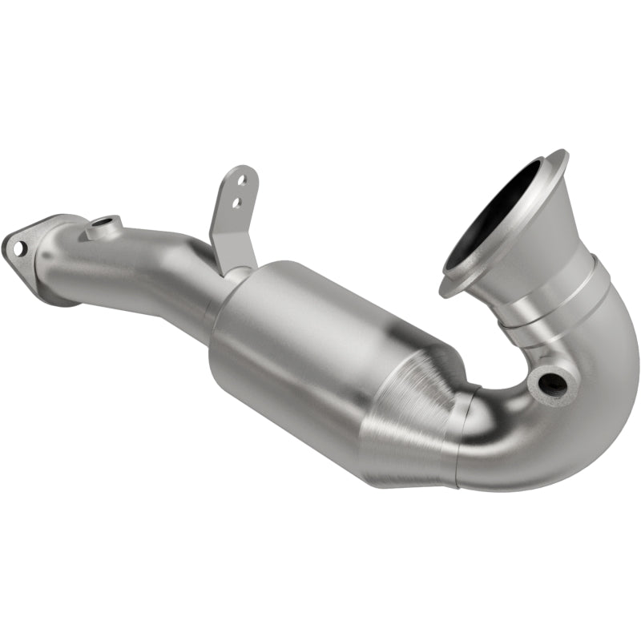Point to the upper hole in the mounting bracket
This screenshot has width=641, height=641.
coord(240,183)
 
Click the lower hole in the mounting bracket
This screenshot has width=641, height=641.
coord(236,203)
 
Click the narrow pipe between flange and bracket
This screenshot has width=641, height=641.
coord(152,264)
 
